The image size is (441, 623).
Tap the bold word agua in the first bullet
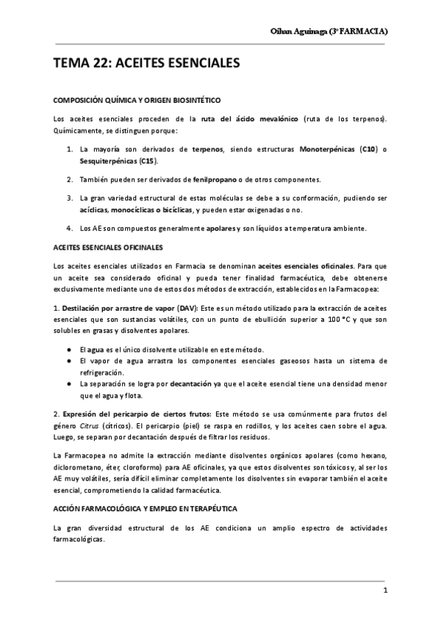pyautogui.click(x=96, y=349)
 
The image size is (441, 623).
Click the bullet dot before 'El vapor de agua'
pyautogui.click(x=68, y=361)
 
